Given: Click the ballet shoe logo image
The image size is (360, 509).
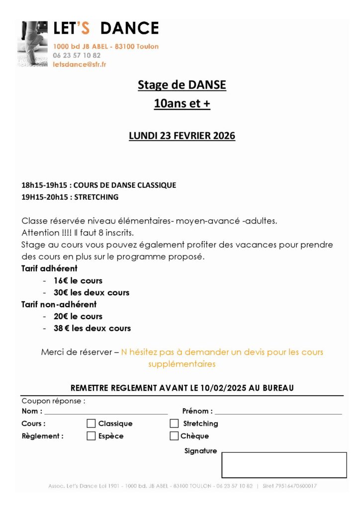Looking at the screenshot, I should pyautogui.click(x=34, y=44).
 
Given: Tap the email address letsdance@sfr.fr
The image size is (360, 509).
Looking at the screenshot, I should pyautogui.click(x=80, y=64).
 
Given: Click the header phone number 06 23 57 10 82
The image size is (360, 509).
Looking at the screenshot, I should pyautogui.click(x=77, y=55).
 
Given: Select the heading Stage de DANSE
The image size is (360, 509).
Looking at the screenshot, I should pyautogui.click(x=181, y=85).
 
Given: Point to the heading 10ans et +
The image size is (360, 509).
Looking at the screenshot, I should pyautogui.click(x=181, y=104).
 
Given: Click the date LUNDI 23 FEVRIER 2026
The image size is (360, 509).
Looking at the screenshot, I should pyautogui.click(x=181, y=136).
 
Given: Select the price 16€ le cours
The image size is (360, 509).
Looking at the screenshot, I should pyautogui.click(x=78, y=280).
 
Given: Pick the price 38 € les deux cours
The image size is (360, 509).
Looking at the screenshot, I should pyautogui.click(x=92, y=328).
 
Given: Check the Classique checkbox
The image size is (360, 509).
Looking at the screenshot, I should pyautogui.click(x=91, y=424).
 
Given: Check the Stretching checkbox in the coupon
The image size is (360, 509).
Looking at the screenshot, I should pyautogui.click(x=174, y=424).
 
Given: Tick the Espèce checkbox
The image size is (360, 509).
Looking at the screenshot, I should pyautogui.click(x=91, y=436).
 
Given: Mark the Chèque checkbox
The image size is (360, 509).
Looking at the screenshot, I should pyautogui.click(x=174, y=436).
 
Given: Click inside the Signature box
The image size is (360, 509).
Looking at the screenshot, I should pyautogui.click(x=283, y=465).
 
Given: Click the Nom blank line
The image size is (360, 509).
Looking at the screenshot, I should pyautogui.click(x=105, y=412).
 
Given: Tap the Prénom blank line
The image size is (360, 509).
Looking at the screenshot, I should pyautogui.click(x=278, y=412).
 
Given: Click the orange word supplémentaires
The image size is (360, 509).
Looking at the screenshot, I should pyautogui.click(x=181, y=364).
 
